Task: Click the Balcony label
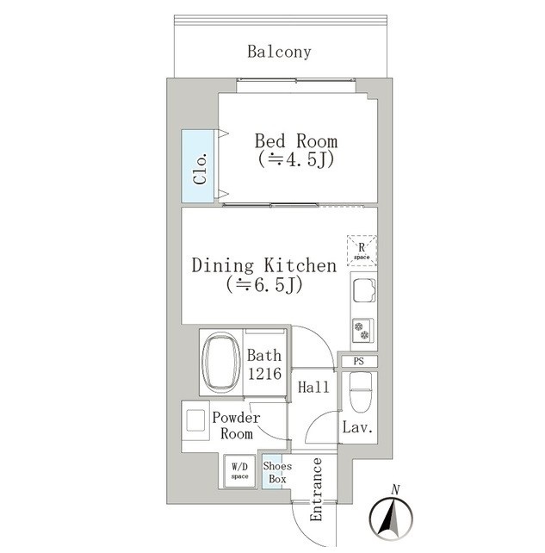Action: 279,53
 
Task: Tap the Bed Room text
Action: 296,141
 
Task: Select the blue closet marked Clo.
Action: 198,166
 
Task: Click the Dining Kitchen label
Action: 264,265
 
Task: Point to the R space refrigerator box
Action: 362,251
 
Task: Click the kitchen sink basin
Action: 364,290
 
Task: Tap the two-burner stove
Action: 362,331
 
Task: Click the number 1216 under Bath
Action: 264,374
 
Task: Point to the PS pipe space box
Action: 358,362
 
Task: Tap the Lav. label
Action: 357,428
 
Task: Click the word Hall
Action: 313,388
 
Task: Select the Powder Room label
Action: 236,426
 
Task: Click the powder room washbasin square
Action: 195,420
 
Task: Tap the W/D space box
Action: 239,471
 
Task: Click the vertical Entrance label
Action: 316,489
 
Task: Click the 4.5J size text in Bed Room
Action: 296,160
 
